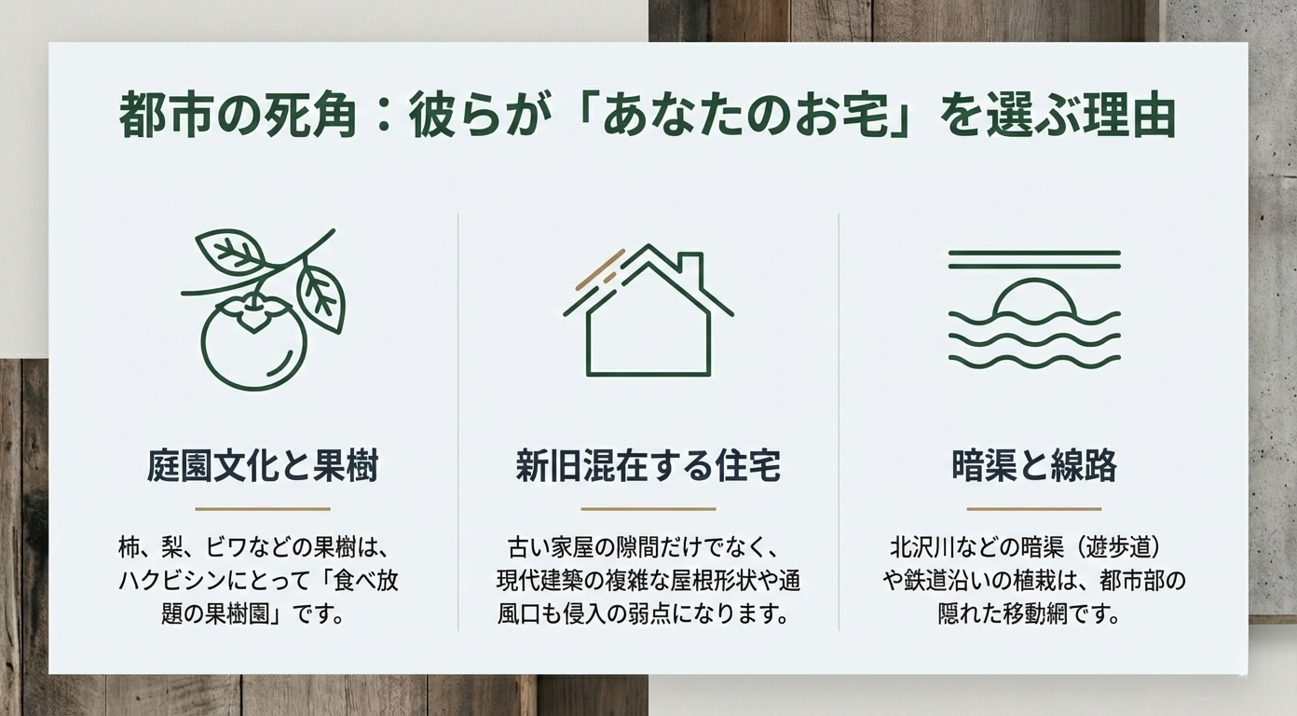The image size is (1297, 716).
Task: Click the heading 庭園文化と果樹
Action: [263, 466]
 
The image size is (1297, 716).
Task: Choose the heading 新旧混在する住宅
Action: [648, 466]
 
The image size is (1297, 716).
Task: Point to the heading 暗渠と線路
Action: [1033, 466]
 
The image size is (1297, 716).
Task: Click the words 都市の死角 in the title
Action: [238, 119]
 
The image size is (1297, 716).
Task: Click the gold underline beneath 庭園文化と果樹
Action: [263, 509]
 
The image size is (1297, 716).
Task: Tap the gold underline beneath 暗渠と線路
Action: [1033, 509]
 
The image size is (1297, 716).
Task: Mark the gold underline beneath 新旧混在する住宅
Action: [648, 509]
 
